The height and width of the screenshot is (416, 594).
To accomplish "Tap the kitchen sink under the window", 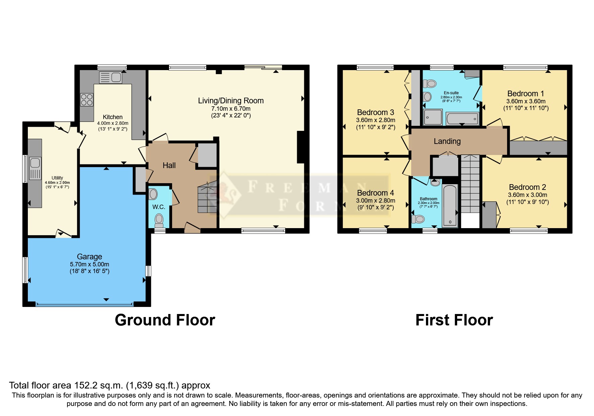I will click(111, 77).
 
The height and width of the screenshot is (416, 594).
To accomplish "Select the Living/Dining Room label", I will click(231, 101).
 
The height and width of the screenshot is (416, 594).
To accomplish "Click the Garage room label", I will click(89, 257).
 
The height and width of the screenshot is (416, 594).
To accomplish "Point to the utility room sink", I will click(35, 168).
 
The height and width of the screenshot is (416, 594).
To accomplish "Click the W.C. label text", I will click(159, 207).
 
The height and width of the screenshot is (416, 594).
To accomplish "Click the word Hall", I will click(169, 165).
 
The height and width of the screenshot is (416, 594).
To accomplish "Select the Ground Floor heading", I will click(165, 320).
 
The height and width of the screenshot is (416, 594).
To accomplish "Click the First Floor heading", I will click(454, 320).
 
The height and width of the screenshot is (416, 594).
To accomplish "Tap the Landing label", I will click(447, 141).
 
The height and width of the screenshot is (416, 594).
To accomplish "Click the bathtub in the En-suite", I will click(462, 119).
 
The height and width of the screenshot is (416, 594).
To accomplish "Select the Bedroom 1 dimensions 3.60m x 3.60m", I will click(526, 101).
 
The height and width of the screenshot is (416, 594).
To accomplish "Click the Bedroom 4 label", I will click(375, 193).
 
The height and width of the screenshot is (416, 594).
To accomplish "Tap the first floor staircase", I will click(470, 185).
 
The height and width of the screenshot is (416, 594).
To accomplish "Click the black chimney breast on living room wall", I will click(301, 147).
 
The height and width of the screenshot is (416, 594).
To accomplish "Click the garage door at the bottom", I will click(85, 305).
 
